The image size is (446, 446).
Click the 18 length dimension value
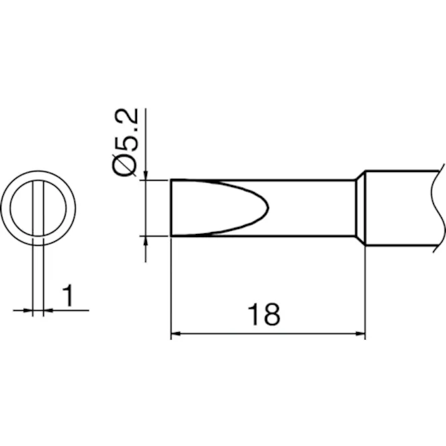click(263, 315)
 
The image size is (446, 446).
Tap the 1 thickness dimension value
click(68, 296)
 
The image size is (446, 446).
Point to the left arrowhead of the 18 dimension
click(176, 335)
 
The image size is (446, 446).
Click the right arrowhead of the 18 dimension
click(359, 335)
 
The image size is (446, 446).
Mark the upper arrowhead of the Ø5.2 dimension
click(145, 175)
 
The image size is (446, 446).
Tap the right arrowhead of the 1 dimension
click(49, 309)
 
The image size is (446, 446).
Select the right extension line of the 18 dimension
click(365, 294)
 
